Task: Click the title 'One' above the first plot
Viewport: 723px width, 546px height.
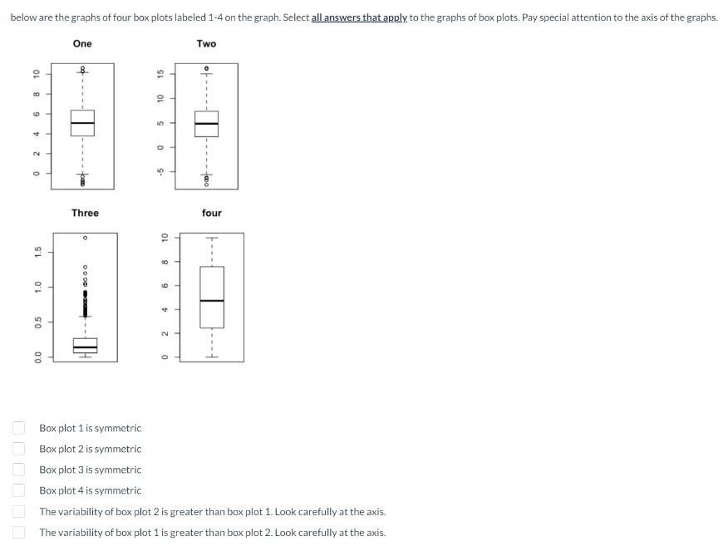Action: coord(82,43)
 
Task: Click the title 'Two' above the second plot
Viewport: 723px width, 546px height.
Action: coord(206,43)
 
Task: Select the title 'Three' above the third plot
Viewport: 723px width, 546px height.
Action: coord(85,213)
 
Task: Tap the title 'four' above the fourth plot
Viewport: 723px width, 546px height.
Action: coord(211,213)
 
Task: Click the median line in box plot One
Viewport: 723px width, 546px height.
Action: coord(82,123)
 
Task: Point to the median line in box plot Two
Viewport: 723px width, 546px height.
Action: coord(206,124)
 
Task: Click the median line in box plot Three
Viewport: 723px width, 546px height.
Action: coord(85,347)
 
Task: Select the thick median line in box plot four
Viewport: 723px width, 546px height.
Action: coord(211,300)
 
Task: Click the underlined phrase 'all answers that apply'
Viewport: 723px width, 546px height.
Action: coord(359,17)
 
